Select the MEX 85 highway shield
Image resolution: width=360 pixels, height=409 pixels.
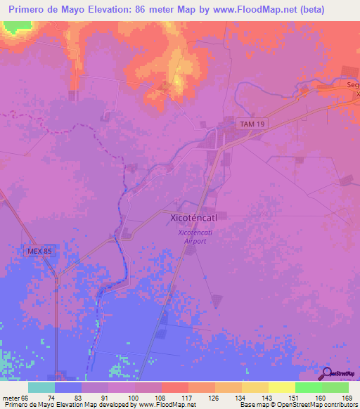[39, 251]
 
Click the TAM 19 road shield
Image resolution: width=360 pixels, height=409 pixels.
[252, 124]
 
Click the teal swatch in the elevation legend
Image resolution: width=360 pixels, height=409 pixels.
[41, 387]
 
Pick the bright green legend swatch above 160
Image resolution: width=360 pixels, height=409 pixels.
[309, 387]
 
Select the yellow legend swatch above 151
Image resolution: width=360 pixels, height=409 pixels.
[282, 387]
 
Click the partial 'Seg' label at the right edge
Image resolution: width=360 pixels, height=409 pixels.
[353, 85]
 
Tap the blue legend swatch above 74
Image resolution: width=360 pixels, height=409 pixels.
[68, 387]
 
